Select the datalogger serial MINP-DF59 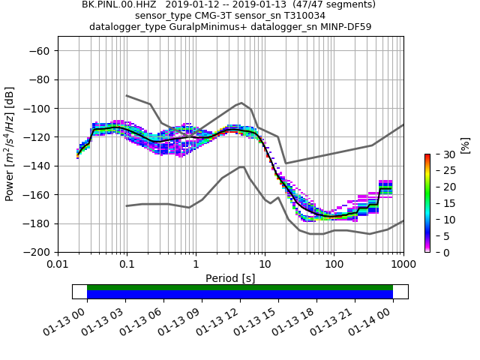tap(340, 27)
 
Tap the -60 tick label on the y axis tap(40, 51)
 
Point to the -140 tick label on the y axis tap(37, 166)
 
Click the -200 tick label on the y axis tap(37, 252)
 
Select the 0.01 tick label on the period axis tap(58, 264)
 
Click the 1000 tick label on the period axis tap(403, 264)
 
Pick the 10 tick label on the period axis tap(265, 264)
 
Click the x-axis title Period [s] tap(230, 277)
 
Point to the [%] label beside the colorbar tap(465, 145)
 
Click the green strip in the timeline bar tap(240, 287)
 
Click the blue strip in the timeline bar tap(240, 295)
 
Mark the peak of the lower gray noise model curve tap(241, 167)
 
